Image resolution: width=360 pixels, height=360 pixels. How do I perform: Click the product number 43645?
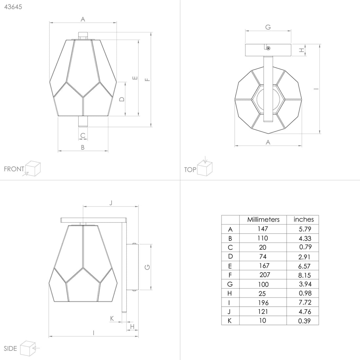[x=13, y=7]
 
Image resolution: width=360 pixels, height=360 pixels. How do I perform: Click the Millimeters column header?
[x=263, y=220]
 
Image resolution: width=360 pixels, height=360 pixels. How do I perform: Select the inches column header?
[x=303, y=220]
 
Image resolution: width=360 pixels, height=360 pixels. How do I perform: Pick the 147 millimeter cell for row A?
[x=263, y=229]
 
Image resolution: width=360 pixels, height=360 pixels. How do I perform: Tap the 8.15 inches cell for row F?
[x=304, y=275]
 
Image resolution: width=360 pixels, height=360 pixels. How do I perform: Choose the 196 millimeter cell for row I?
[x=263, y=303]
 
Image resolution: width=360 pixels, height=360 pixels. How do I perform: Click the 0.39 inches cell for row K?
[x=304, y=321]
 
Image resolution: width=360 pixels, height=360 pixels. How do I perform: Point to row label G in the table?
[x=230, y=284]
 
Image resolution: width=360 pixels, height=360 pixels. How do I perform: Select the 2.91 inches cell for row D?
[x=304, y=257]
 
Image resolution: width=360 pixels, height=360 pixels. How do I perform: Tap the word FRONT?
[x=14, y=169]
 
